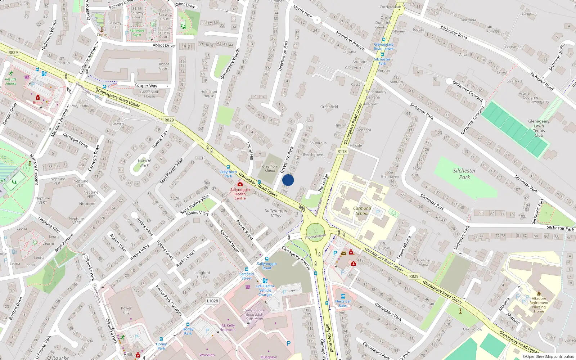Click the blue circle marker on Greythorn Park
click(x=288, y=180)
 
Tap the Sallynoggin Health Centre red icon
click(x=240, y=184)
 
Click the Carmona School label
click(x=362, y=211)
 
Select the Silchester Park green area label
click(x=464, y=174)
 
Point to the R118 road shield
click(x=342, y=152)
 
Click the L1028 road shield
click(x=212, y=301)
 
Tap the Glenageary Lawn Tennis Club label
click(x=539, y=128)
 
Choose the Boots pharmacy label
click(x=38, y=103)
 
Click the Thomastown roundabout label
click(x=315, y=237)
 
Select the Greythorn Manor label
click(x=270, y=168)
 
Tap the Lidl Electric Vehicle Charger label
click(x=265, y=290)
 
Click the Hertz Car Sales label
click(x=343, y=303)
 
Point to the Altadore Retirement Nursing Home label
click(x=539, y=305)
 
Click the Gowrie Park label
click(x=144, y=163)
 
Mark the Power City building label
click(x=126, y=310)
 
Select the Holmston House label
click(x=208, y=94)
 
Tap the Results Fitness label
click(x=11, y=81)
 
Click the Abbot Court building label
click(x=164, y=66)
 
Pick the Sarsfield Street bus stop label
click(x=247, y=276)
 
